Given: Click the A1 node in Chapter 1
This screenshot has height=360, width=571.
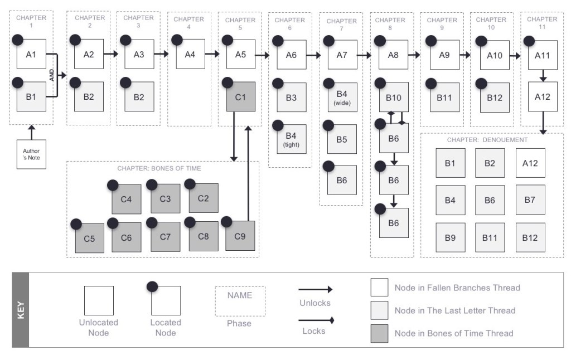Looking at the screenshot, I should coord(31,54).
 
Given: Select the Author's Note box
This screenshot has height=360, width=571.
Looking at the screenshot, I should coord(31,154).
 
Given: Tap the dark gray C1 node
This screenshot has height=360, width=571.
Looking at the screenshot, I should coord(240,96).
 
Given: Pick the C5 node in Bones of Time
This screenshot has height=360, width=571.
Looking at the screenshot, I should coord(89,238).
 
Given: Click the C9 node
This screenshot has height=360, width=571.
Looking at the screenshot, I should coord(240,236).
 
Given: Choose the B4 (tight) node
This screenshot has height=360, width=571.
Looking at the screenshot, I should coord(292,139).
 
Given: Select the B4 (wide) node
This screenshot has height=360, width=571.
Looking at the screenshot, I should coord(342,98).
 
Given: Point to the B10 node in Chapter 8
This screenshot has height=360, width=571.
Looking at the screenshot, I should coord(394,98).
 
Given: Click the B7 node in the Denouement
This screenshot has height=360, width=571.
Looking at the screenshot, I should coord(530,200).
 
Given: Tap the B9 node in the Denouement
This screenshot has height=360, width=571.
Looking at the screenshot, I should coord(451,238).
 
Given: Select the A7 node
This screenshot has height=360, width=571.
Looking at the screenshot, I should coord(342,54).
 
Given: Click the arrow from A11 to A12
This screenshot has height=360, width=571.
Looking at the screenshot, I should coord(543,76).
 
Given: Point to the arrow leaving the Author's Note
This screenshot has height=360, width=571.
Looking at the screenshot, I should coord(31,133).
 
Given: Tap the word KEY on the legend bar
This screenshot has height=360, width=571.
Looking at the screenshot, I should coord(20,309).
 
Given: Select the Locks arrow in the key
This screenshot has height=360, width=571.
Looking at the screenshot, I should coord(315,320).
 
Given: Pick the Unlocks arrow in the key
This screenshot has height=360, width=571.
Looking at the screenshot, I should coord(315,289).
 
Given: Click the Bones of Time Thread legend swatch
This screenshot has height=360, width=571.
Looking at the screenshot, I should coord(379,333).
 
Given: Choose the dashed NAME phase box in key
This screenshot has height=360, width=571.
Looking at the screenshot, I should coord(240,301).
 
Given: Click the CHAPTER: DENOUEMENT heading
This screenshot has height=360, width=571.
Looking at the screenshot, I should coord(487,140).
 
